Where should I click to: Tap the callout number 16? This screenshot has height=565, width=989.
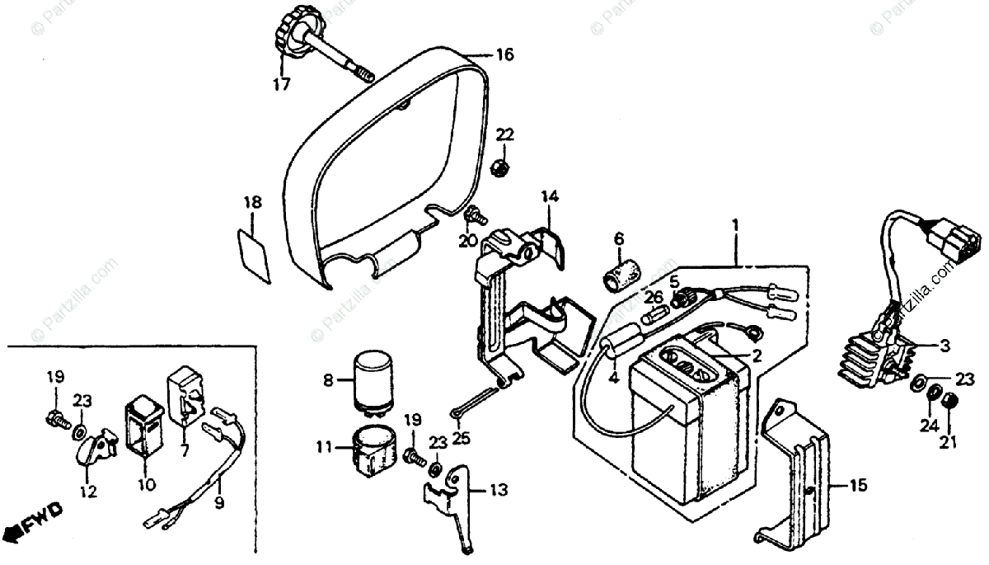(x=504, y=55)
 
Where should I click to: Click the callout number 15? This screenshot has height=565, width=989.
(x=858, y=487)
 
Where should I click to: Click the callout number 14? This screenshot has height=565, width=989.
(x=550, y=196)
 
